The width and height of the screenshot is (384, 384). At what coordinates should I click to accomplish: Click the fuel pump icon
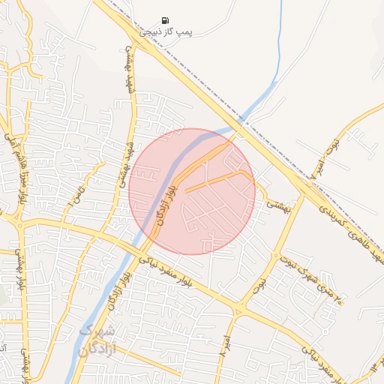[x=165, y=20]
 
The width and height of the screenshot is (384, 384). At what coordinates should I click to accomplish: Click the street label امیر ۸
[x=223, y=344]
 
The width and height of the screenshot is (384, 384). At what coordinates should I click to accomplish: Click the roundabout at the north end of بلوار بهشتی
[x=19, y=222]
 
